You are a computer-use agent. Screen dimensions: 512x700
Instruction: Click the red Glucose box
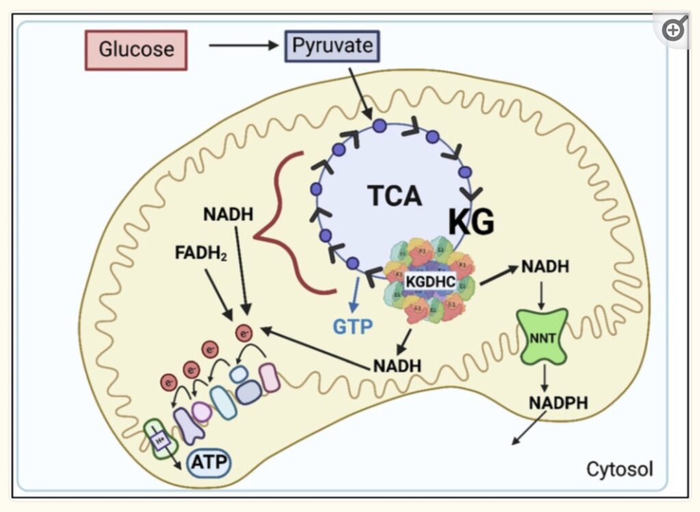pos(136,50)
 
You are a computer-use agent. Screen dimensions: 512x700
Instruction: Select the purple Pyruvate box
pos(332,46)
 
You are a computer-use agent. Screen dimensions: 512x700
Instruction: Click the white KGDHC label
pos(430,281)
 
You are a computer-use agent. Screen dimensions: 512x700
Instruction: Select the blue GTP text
pos(353,326)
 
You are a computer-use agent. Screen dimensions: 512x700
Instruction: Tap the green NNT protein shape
pos(541,335)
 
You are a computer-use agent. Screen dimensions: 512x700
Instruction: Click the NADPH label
pos(558,403)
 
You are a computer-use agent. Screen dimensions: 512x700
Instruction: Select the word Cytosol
pos(619,470)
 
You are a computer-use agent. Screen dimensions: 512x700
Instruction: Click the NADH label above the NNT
pos(545,266)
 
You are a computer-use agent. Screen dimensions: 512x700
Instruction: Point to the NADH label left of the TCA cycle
pos(228,214)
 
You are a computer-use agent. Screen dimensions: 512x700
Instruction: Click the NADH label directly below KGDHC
pos(397,365)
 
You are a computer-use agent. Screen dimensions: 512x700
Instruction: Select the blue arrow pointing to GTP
pos(353,294)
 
